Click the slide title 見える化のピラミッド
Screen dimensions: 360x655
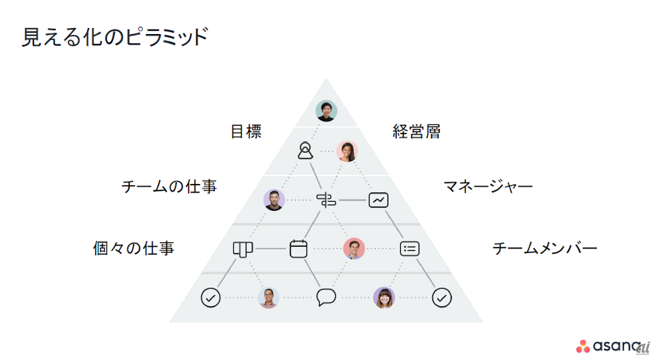[115, 37]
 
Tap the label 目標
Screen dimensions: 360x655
[246, 132]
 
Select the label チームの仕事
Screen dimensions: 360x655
[169, 187]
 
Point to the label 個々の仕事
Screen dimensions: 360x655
[134, 249]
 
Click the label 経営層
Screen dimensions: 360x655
[417, 132]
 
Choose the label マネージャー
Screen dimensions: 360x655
[488, 187]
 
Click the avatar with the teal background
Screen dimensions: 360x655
[326, 111]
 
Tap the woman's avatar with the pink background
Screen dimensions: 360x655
[347, 151]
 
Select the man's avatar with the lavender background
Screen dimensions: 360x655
[274, 200]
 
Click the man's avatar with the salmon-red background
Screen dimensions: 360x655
[354, 248]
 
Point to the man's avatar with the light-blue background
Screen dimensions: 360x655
[269, 298]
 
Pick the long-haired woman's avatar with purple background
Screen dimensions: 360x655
[384, 298]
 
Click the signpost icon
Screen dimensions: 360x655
[326, 200]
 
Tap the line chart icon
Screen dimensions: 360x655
[378, 200]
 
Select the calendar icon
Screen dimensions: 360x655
[299, 248]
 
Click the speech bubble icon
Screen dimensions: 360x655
[326, 298]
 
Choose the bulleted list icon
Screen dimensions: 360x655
[409, 249]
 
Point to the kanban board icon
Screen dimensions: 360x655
[242, 248]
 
